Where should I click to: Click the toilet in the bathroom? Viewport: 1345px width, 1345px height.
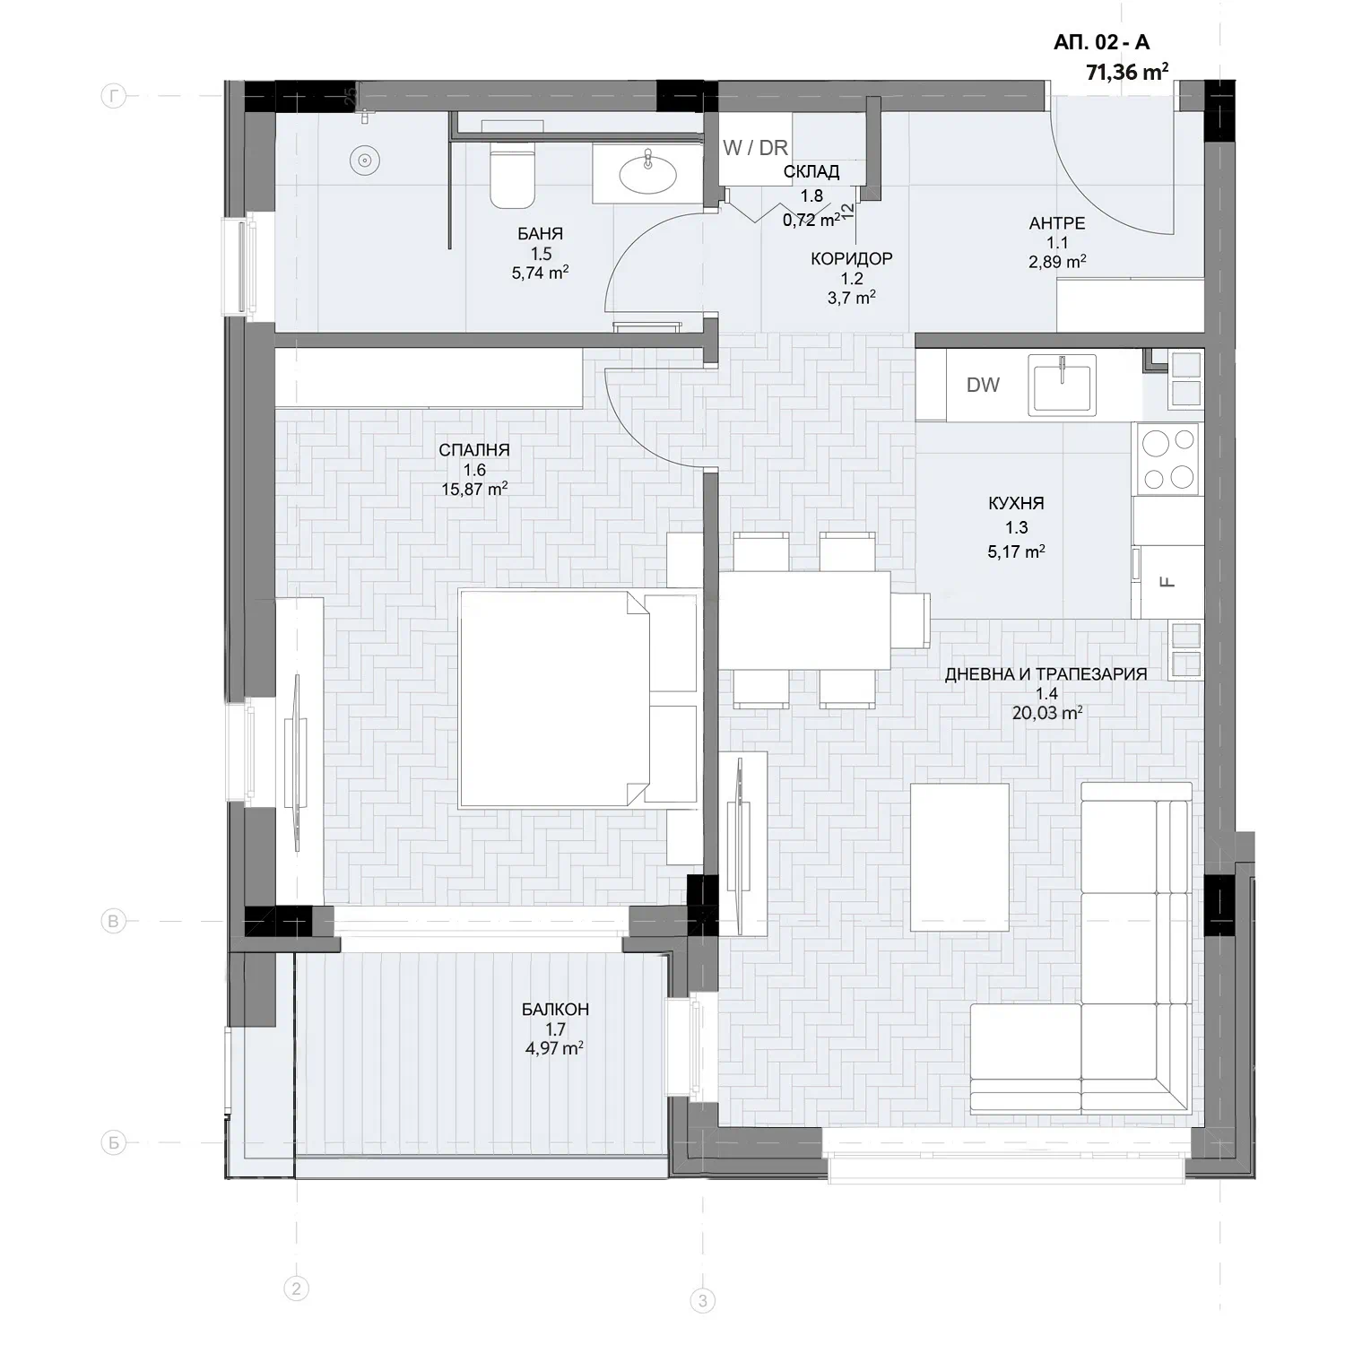(x=513, y=175)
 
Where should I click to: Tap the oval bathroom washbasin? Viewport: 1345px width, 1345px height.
(x=647, y=172)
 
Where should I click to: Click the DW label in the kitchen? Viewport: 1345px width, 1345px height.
(x=983, y=385)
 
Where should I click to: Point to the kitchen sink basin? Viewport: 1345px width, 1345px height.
(x=1063, y=386)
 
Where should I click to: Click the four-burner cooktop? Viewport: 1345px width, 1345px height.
(x=1167, y=458)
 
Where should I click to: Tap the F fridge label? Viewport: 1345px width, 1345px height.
(x=1167, y=582)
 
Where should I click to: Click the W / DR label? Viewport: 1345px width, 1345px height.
(x=755, y=148)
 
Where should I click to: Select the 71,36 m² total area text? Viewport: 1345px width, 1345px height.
(x=1127, y=72)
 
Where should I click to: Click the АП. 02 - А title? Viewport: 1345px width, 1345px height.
(x=1101, y=41)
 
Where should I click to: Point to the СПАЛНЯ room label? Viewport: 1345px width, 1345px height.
(x=474, y=450)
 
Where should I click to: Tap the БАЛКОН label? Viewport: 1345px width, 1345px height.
(x=555, y=1009)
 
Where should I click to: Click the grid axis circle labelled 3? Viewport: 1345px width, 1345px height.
(x=702, y=1300)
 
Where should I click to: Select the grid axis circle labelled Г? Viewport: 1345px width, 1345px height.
(x=113, y=96)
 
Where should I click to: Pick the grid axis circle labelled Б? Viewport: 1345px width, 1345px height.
(x=113, y=1143)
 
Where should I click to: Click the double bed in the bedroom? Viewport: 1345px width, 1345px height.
(x=578, y=698)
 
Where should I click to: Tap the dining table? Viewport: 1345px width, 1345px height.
(x=805, y=620)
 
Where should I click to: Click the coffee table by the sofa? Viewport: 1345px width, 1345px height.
(x=959, y=856)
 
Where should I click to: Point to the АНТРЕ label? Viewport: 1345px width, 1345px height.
(x=1057, y=223)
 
